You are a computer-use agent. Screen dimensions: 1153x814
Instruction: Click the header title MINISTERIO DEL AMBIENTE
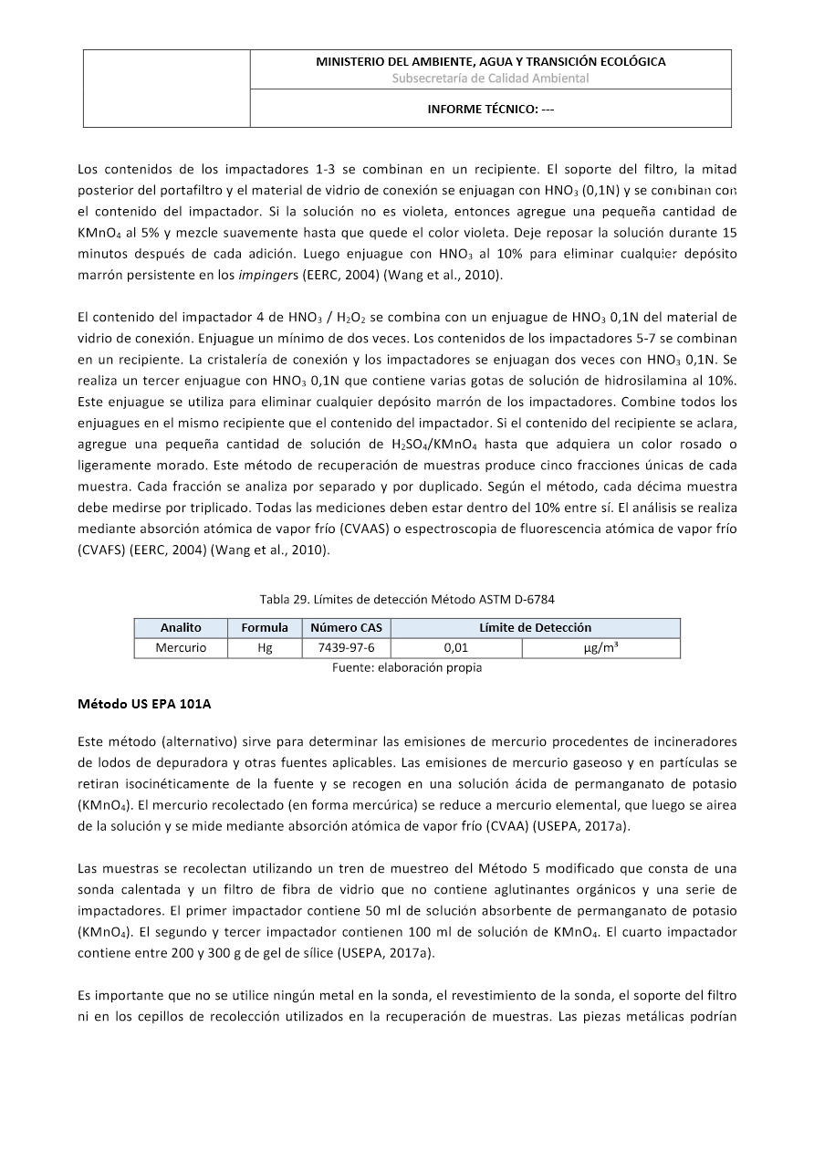490,62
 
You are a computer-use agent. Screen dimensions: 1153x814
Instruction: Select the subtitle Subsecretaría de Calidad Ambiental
490,79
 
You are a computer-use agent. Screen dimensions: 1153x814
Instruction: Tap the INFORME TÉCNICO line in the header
490,109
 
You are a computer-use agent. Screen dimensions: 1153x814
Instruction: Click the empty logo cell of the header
167,89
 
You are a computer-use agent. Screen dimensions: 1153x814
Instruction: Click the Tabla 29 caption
407,599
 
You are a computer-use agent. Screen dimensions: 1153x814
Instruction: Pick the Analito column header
181,628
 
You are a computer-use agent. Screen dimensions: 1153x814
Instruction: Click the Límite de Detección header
535,628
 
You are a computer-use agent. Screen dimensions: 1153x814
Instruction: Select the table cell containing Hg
265,648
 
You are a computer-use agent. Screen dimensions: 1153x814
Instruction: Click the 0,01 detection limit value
455,648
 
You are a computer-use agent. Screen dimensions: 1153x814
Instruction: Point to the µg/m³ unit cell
600,648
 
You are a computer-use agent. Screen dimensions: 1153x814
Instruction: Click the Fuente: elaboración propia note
407,667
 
